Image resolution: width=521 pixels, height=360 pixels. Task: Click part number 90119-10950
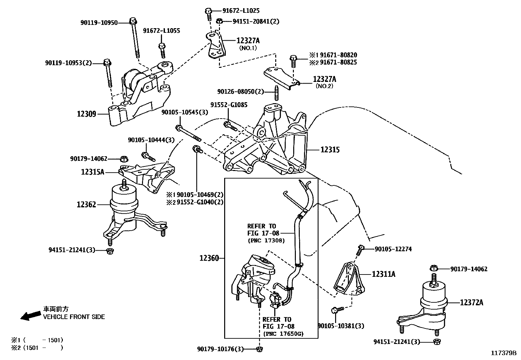(99, 23)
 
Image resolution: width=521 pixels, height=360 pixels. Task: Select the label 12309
(86, 114)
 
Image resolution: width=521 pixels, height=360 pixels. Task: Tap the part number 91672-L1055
(161, 31)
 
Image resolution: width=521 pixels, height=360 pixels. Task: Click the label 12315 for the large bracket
(330, 150)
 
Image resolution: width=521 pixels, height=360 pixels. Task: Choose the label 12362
(86, 205)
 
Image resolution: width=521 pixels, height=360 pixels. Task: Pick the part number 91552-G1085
(229, 105)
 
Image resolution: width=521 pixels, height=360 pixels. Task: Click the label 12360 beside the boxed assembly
(209, 258)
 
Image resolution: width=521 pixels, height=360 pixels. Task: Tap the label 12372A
(471, 302)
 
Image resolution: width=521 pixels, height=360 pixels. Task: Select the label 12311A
(383, 274)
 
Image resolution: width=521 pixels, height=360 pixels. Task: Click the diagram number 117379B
(503, 353)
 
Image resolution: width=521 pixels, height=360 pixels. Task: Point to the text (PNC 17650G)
(283, 334)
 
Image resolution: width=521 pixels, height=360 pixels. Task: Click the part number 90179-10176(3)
(221, 349)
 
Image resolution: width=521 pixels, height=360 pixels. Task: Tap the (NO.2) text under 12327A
(324, 86)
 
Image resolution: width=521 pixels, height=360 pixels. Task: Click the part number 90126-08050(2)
(240, 91)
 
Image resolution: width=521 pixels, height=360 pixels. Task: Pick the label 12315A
(93, 171)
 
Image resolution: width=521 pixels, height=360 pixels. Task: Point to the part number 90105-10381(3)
(341, 326)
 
